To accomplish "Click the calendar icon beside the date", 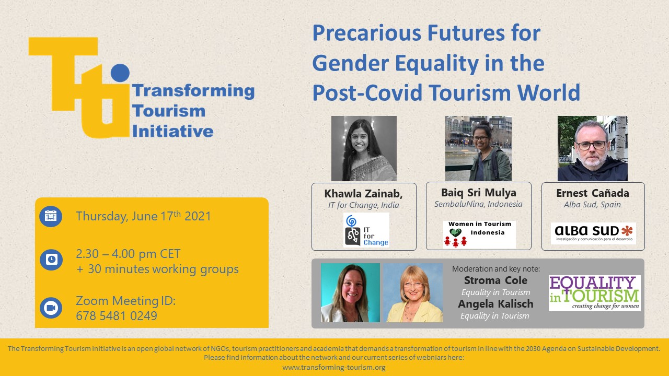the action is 51,216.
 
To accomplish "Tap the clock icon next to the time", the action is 51,260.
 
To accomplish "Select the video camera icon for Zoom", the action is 51,308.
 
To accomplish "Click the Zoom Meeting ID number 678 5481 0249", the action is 117,316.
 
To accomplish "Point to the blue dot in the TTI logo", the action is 120,73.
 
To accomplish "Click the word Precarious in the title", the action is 367,33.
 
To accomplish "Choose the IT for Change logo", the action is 366,230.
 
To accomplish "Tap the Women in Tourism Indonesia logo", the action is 479,234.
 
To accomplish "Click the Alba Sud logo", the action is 593,233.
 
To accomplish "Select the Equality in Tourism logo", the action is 595,293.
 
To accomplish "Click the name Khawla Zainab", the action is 363,193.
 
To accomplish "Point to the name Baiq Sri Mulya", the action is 479,193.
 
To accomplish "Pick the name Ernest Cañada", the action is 593,193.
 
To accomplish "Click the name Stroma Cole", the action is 496,280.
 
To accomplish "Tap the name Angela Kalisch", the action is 496,304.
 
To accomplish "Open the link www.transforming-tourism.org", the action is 334,367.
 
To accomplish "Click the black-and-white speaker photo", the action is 364,148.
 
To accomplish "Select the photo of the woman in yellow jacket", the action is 413,293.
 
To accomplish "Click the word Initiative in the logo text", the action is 172,131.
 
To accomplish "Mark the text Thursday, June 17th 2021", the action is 143,216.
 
